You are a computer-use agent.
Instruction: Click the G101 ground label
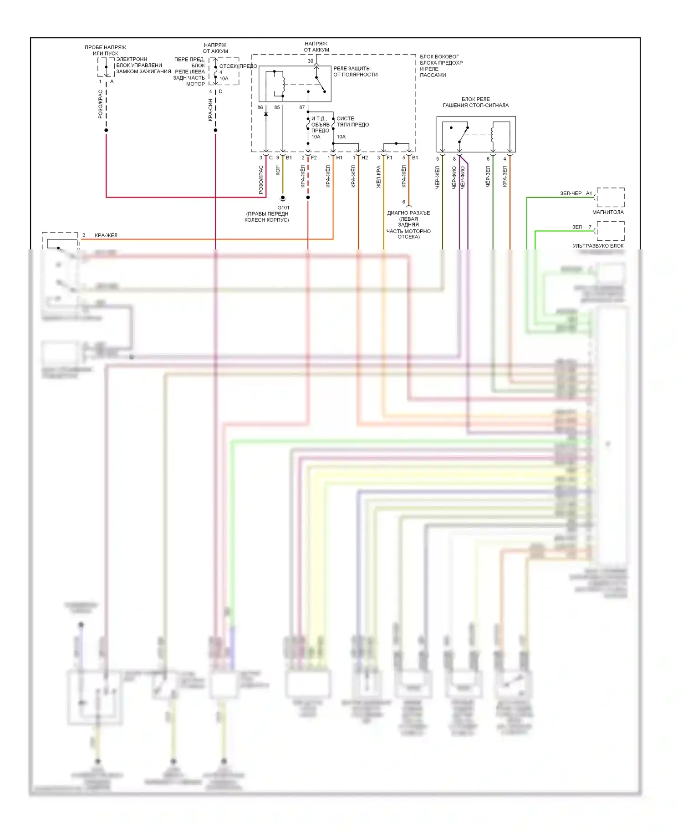click(x=283, y=208)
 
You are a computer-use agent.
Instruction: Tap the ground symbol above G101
click(x=283, y=199)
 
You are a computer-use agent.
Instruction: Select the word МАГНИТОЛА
click(x=608, y=212)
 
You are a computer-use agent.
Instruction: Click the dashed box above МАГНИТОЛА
click(x=610, y=197)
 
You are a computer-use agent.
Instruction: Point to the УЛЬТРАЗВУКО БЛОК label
click(x=598, y=246)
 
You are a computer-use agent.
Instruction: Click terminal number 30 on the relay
click(x=311, y=61)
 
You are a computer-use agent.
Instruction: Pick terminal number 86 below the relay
click(x=260, y=107)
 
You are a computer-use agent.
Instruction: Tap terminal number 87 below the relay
click(x=302, y=107)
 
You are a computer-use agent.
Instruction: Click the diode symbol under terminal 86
click(x=266, y=114)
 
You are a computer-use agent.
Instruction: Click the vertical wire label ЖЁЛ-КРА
click(x=379, y=177)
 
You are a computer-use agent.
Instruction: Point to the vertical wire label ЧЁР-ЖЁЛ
click(x=438, y=178)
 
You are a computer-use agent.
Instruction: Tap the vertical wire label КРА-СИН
click(x=211, y=110)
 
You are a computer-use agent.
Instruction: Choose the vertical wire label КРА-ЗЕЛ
click(x=505, y=176)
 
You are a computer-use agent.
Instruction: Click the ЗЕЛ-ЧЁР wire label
click(x=571, y=193)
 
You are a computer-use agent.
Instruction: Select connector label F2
click(x=314, y=158)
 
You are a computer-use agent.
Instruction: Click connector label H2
click(x=365, y=158)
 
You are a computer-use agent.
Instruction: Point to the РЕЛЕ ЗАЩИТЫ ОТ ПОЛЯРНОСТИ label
click(x=355, y=71)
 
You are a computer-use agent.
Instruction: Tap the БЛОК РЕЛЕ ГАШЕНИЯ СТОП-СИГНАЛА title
click(x=475, y=102)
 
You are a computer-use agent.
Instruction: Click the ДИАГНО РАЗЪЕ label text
click(x=408, y=213)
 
